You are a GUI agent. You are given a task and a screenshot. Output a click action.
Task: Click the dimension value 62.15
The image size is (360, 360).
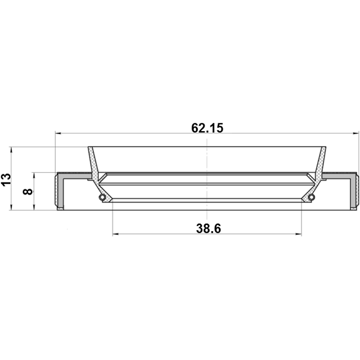pyautogui.click(x=207, y=128)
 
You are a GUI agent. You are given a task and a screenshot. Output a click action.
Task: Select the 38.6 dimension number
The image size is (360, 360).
pyautogui.click(x=209, y=228)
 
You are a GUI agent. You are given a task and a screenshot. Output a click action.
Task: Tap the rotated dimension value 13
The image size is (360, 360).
pyautogui.click(x=6, y=179)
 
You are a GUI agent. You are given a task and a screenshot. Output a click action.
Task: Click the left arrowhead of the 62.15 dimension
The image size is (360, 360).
pyautogui.click(x=58, y=133)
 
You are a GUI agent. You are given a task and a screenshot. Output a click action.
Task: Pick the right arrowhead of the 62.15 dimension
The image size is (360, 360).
pyautogui.click(x=355, y=133)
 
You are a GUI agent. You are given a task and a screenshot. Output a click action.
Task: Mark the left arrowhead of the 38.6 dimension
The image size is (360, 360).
pyautogui.click(x=115, y=234)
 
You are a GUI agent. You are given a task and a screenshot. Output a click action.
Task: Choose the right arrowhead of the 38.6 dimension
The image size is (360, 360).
pyautogui.click(x=299, y=234)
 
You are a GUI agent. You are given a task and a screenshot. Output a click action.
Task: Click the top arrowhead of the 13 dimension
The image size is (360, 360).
pyautogui.click(x=11, y=150)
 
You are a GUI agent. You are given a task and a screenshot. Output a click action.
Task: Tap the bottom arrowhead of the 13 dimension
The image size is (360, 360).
pyautogui.click(x=11, y=207)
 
